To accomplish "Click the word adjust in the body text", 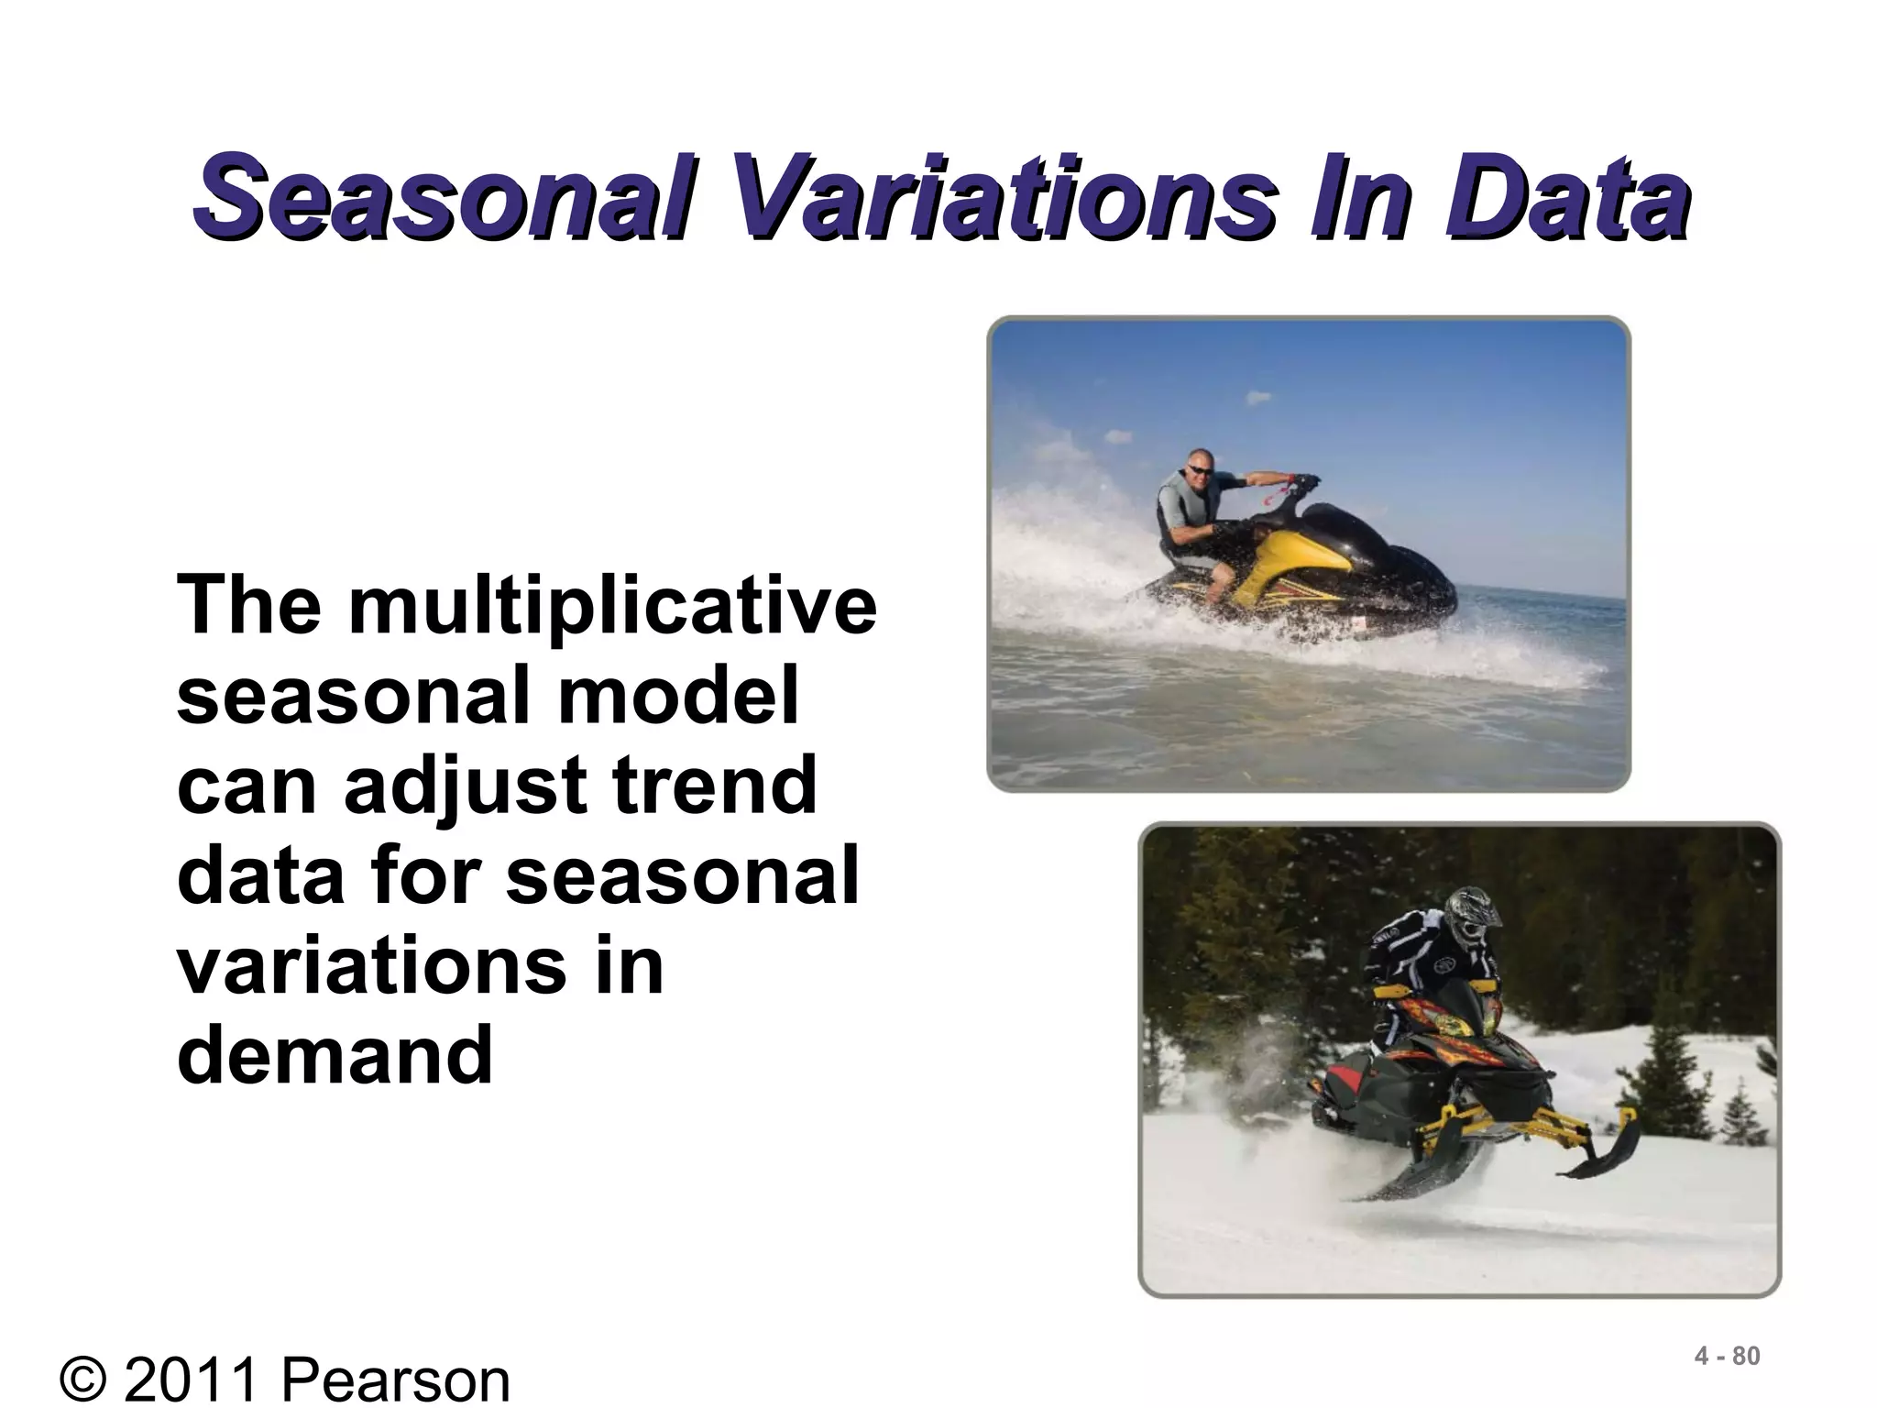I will point(466,786).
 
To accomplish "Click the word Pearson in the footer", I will point(394,1380).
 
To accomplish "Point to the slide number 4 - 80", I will point(1727,1356).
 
